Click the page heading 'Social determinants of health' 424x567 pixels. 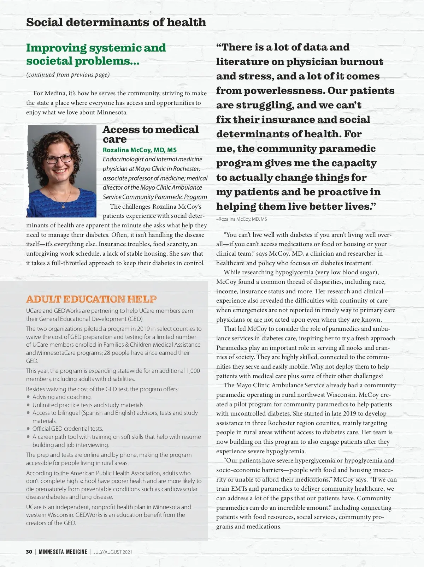pos(116,22)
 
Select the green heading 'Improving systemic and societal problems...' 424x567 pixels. pos(96,54)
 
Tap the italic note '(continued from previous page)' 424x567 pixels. pos(68,74)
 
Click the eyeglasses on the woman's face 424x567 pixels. pos(59,159)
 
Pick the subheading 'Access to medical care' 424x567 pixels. pos(151,134)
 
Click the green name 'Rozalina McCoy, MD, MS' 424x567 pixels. pos(140,150)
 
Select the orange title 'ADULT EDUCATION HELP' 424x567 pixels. pos(91,299)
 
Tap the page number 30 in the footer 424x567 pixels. pos(29,552)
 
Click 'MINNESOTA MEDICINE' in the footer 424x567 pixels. pos(63,552)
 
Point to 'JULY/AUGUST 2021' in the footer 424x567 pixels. pos(113,552)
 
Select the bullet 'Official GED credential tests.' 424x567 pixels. pos(68,429)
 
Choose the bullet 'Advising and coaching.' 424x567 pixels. pos(62,397)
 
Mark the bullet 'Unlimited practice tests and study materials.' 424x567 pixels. pos(88,405)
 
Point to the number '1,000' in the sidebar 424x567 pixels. pos(193,371)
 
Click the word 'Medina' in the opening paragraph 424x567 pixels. pos(55,93)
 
